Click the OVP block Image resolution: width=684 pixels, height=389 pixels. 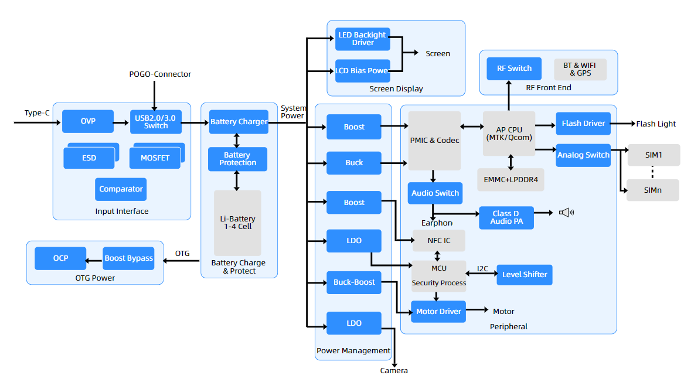point(88,122)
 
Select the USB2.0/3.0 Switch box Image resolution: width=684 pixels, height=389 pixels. point(156,122)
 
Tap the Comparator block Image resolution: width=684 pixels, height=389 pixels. point(121,189)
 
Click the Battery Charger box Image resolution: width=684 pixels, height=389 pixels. point(239,122)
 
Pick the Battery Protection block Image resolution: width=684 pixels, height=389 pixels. point(237,159)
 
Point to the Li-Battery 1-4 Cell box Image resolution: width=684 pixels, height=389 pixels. point(237,223)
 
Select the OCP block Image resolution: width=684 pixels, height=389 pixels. point(60,258)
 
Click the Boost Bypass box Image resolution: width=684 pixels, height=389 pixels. point(128,258)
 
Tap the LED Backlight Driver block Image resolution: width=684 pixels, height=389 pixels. point(362,39)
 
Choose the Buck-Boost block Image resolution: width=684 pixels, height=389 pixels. point(354,282)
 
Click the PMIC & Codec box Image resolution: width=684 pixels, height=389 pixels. point(434,141)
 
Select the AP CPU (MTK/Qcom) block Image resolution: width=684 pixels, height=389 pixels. point(509,134)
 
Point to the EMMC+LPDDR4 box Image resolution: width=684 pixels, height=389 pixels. point(511,179)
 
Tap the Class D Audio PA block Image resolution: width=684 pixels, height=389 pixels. point(505,217)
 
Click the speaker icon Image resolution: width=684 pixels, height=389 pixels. point(566,213)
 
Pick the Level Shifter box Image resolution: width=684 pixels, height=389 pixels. point(524,275)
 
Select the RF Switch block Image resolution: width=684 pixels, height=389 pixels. point(514,69)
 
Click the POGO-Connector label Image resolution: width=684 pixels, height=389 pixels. point(160,74)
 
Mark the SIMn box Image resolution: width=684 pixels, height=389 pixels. point(652,190)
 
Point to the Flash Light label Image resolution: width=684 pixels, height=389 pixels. point(656,124)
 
